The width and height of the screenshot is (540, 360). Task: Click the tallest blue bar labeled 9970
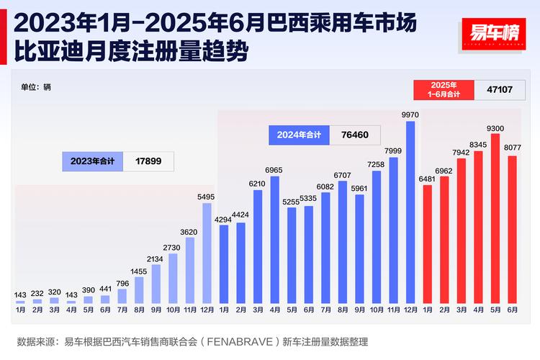coord(410,212)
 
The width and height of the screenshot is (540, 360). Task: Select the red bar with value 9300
coord(495,218)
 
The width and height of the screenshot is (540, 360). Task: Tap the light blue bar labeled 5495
coord(207,253)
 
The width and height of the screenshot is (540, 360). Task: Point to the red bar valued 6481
coord(427,244)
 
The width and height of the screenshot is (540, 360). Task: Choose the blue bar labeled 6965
coord(274,240)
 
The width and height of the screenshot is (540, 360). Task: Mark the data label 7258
coord(377,165)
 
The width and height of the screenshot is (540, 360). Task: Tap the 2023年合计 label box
coord(93,161)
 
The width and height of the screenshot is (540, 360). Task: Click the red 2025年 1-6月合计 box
coord(444,90)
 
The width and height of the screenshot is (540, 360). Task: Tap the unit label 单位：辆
coord(36,87)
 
